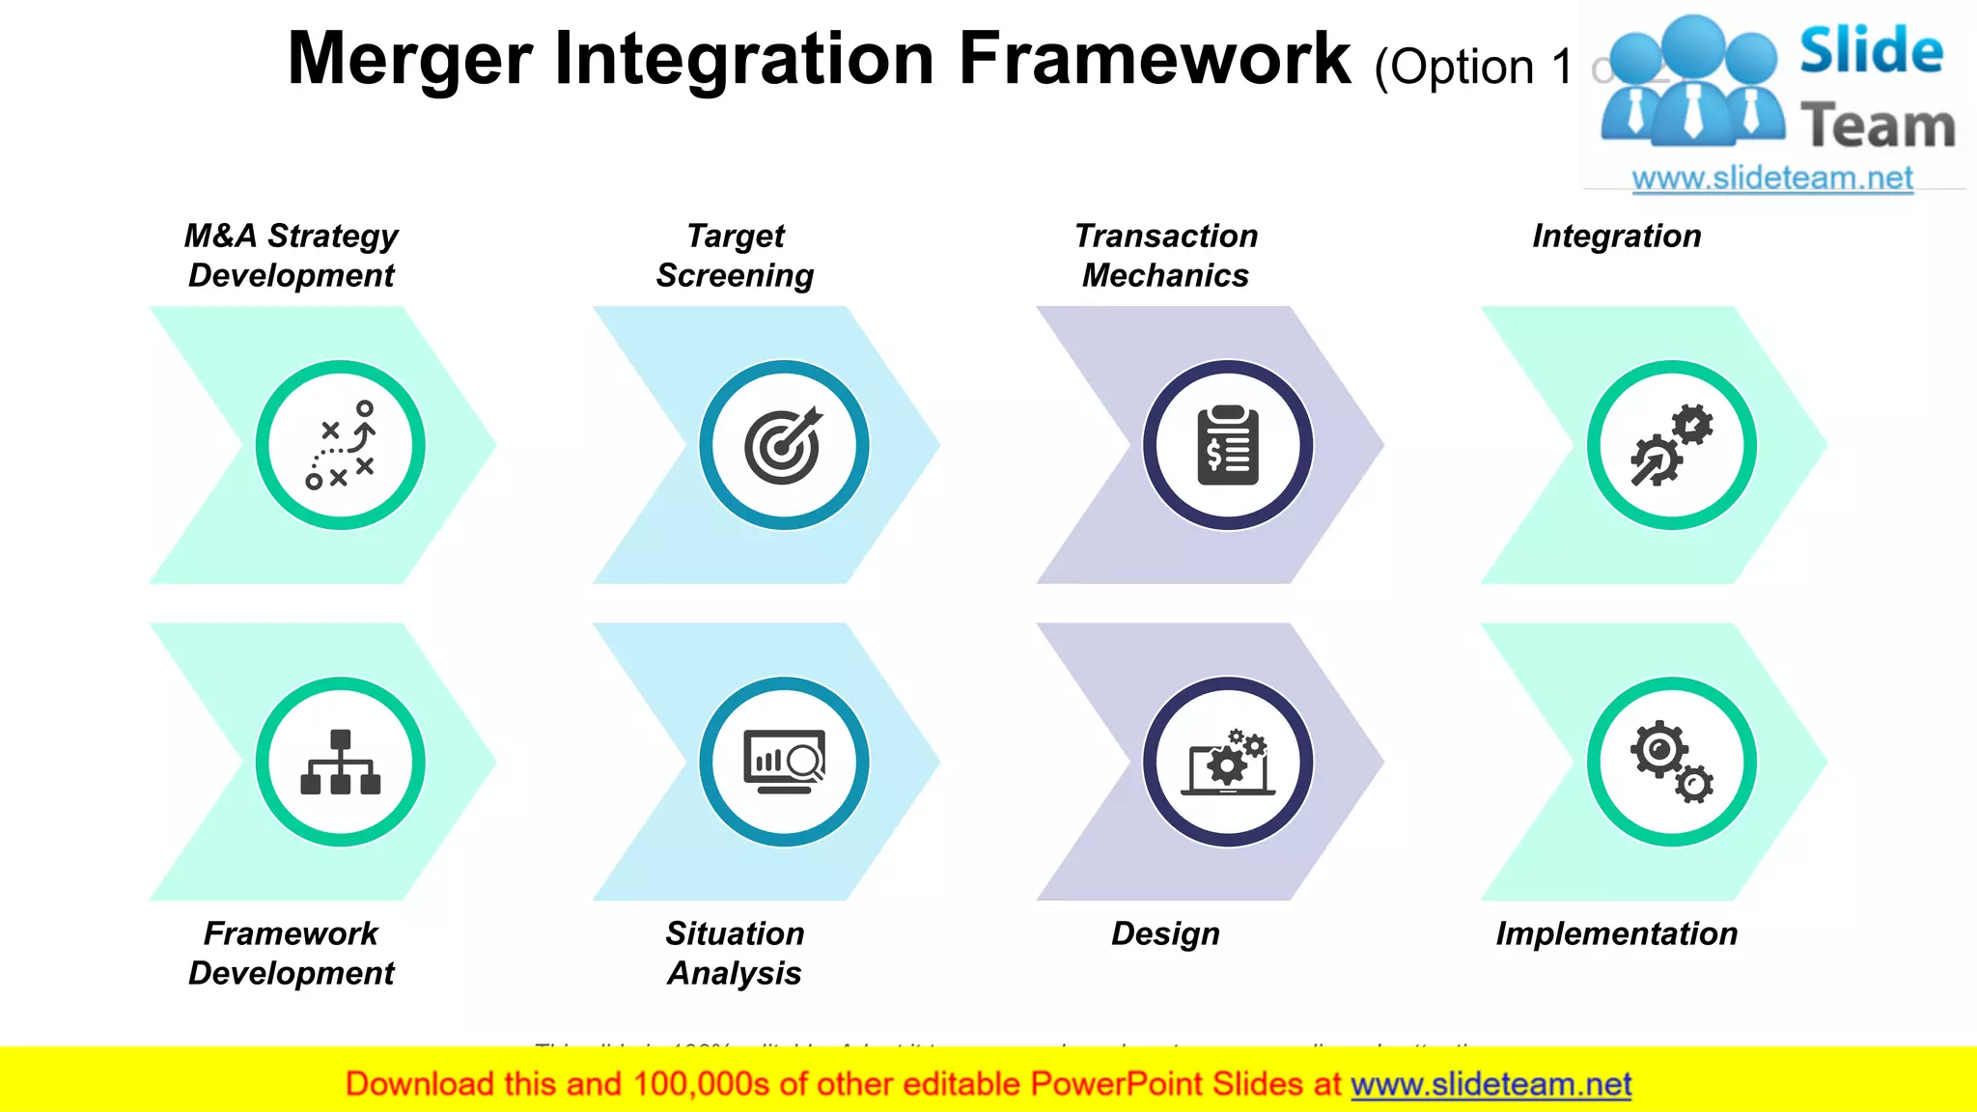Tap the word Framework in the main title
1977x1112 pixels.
point(1154,60)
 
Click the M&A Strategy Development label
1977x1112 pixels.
point(291,256)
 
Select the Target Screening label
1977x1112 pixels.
point(735,256)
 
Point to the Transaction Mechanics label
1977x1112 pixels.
point(1165,256)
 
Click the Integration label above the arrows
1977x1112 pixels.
point(1616,236)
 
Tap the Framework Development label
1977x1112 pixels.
point(291,953)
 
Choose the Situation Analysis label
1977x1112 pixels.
point(735,953)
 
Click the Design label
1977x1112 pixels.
point(1165,933)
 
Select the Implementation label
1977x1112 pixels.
point(1616,933)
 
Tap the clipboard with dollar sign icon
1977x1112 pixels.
point(1227,445)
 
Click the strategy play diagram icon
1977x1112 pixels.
point(341,445)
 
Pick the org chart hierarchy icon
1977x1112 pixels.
point(341,762)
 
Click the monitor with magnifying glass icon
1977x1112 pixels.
point(784,762)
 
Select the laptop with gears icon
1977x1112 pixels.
point(1227,762)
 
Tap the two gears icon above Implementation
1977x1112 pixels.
point(1671,762)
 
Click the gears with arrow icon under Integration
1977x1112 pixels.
point(1671,445)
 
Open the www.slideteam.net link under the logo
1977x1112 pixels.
point(1771,179)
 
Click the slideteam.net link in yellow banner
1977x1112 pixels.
point(1490,1085)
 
